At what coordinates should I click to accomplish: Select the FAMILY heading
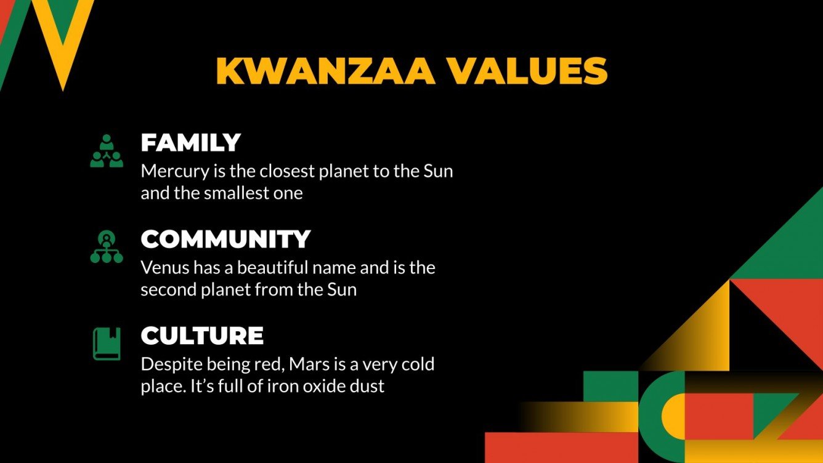(x=190, y=143)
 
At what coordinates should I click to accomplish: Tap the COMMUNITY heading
(x=225, y=240)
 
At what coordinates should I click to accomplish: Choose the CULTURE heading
(x=202, y=336)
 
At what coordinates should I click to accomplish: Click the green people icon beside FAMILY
(x=107, y=151)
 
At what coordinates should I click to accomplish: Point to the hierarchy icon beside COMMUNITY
(x=107, y=248)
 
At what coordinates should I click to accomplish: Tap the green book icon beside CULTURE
(x=107, y=344)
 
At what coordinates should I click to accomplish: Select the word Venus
(x=158, y=268)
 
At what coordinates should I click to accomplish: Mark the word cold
(x=418, y=364)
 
